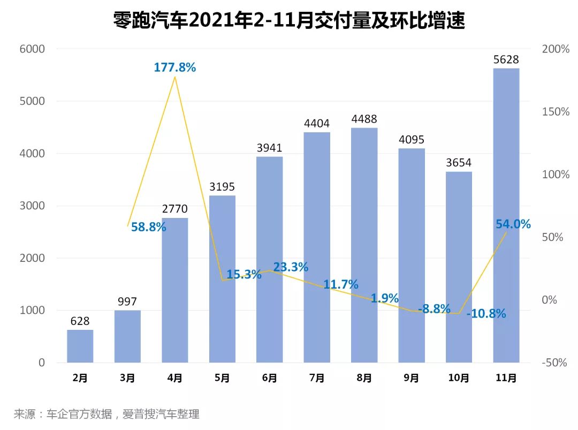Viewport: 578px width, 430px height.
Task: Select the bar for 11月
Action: [x=506, y=214]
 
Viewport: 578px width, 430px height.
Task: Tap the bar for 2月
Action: [x=80, y=346]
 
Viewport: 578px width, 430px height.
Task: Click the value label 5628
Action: [x=506, y=59]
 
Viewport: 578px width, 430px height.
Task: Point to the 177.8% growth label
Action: [x=175, y=67]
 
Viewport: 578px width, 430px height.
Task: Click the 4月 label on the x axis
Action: [x=175, y=378]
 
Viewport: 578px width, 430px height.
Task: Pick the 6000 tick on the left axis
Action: [x=33, y=49]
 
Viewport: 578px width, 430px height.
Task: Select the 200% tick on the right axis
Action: [x=556, y=49]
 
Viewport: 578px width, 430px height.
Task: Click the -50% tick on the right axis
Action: [x=554, y=363]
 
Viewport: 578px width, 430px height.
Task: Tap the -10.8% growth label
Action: [x=486, y=314]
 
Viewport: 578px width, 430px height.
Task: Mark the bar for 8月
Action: [x=364, y=245]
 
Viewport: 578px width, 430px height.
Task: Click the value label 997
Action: [x=127, y=301]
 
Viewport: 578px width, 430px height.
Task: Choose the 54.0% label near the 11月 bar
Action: [x=513, y=224]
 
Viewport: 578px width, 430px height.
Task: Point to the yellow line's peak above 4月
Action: [x=175, y=77]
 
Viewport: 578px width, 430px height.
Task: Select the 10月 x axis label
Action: [x=459, y=378]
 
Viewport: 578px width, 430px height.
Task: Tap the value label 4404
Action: [x=317, y=124]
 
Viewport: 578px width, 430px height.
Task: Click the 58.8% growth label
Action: [x=148, y=227]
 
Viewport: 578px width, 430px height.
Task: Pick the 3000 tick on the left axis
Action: [x=33, y=206]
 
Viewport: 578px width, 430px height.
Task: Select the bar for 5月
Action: [x=222, y=278]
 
